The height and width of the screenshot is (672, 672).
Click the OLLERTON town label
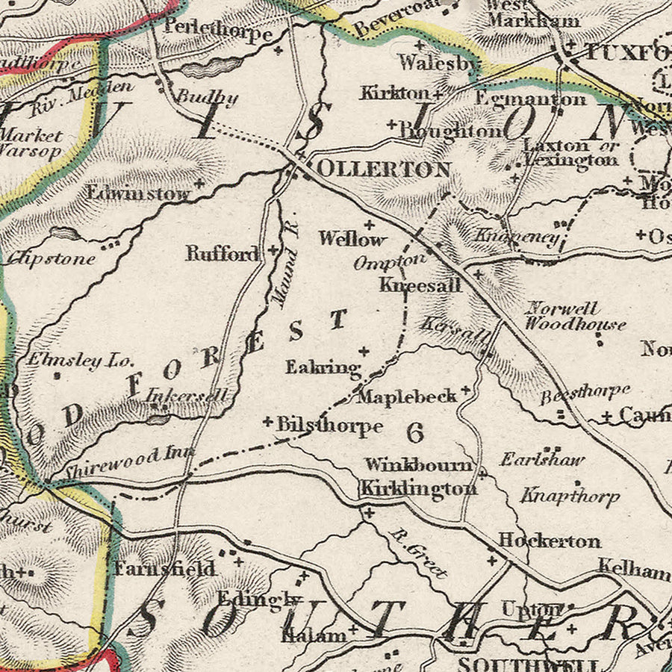point(384,169)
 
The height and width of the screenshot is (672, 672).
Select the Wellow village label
point(352,239)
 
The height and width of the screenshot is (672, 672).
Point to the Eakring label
point(323,367)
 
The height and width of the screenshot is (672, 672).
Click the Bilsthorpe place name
point(329,426)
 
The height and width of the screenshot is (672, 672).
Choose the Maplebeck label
point(406,396)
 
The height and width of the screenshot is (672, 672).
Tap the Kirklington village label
point(418,489)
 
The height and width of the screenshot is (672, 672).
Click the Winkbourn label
point(418,465)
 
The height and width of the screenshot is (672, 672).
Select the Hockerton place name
point(549,540)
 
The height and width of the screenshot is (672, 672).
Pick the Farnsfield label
point(164,569)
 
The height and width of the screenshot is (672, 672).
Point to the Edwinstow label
point(139,192)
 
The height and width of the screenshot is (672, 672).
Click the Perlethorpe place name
point(217,34)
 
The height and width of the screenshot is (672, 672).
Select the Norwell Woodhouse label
point(574,316)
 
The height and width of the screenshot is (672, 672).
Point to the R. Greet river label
point(419,554)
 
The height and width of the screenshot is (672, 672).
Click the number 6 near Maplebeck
point(416,431)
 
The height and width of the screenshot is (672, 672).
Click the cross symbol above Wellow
point(368,224)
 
